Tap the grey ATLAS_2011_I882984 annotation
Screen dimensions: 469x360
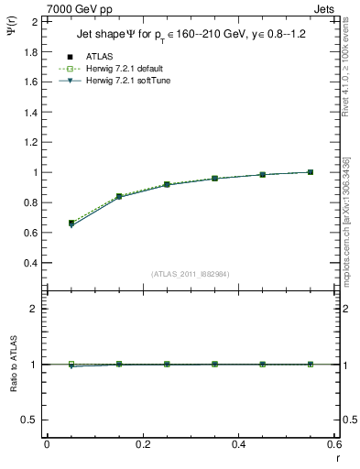point(191,273)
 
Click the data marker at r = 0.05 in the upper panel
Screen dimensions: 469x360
point(71,223)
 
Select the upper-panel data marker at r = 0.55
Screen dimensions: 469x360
point(311,172)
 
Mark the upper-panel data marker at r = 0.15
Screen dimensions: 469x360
point(119,196)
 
